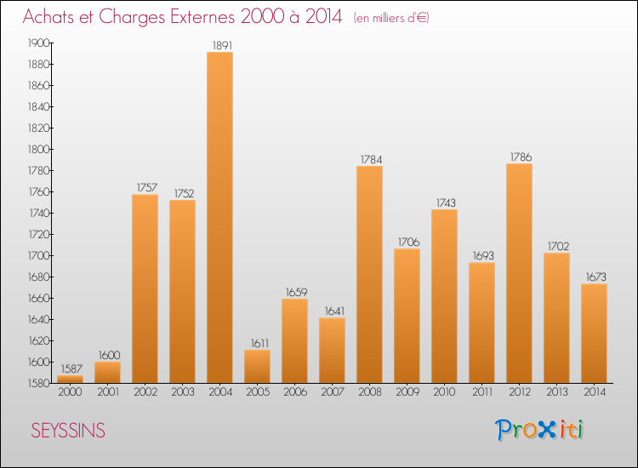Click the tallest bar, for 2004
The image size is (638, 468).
click(219, 217)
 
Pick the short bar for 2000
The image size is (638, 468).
click(70, 380)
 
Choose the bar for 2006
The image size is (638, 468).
click(294, 340)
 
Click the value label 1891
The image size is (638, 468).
click(219, 45)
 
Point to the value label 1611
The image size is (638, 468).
click(257, 343)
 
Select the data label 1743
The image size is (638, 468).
click(444, 203)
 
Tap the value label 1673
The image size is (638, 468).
click(594, 277)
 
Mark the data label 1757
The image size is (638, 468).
click(145, 187)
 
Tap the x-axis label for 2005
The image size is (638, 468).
click(257, 392)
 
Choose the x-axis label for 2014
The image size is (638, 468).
click(594, 392)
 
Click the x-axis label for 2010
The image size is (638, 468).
click(444, 392)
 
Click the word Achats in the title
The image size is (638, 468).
click(53, 16)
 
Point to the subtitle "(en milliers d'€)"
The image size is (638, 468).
click(391, 18)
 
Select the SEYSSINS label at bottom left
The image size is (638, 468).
click(68, 431)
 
